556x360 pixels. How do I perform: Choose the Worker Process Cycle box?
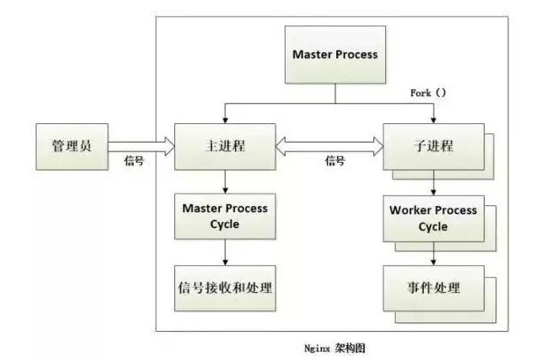coord(432,219)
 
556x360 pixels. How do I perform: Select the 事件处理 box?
coord(432,288)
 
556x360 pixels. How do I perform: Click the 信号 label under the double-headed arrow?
coord(335,162)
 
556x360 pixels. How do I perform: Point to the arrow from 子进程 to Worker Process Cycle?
coord(433,183)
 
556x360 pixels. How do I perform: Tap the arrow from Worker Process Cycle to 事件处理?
coord(433,253)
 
